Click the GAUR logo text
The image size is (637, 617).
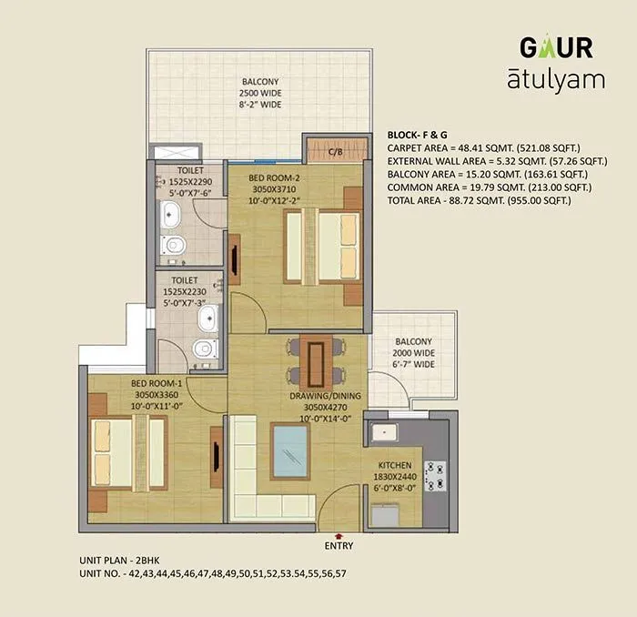tap(556, 46)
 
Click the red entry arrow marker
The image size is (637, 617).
tap(339, 535)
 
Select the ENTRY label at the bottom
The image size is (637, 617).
tap(339, 546)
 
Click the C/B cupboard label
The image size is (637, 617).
tap(335, 152)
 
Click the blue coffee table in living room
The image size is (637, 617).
tap(290, 452)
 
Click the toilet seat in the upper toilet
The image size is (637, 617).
tap(175, 245)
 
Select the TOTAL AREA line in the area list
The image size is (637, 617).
tap(479, 199)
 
